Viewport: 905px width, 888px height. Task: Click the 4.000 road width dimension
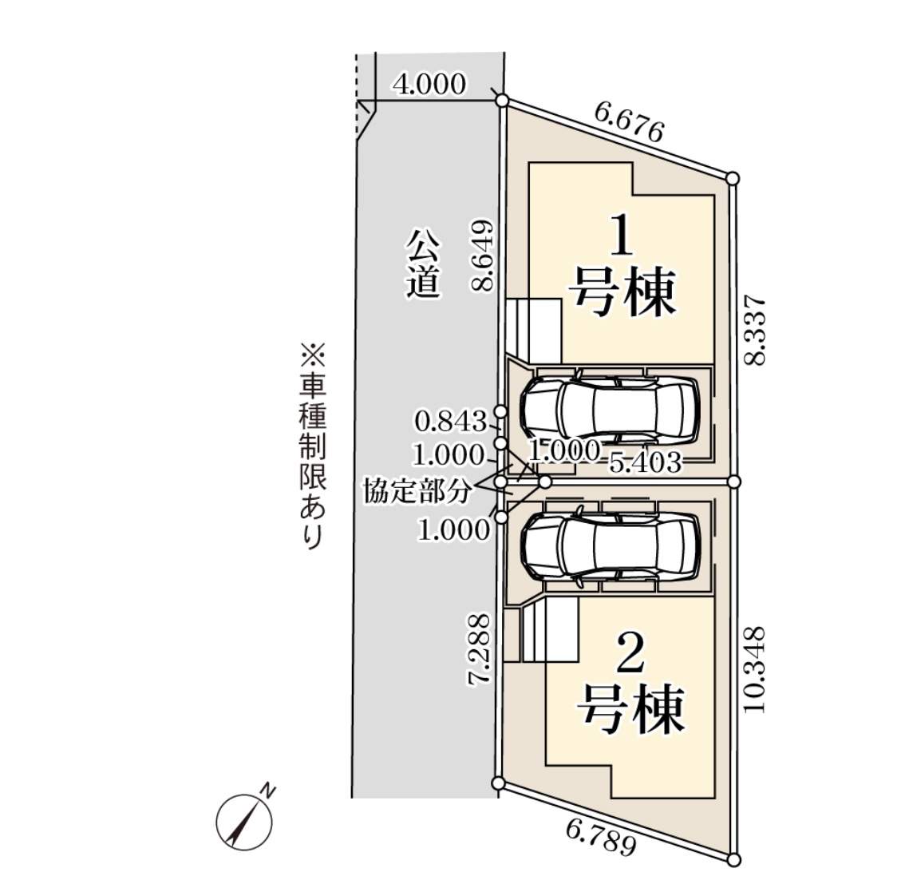429,84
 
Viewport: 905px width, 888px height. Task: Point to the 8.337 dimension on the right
754,331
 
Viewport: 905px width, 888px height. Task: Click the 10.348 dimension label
754,669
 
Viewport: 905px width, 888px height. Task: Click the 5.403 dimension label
645,462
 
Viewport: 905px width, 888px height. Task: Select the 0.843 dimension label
450,419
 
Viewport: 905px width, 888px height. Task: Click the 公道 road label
422,264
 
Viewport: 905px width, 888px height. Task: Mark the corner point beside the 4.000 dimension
502,100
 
